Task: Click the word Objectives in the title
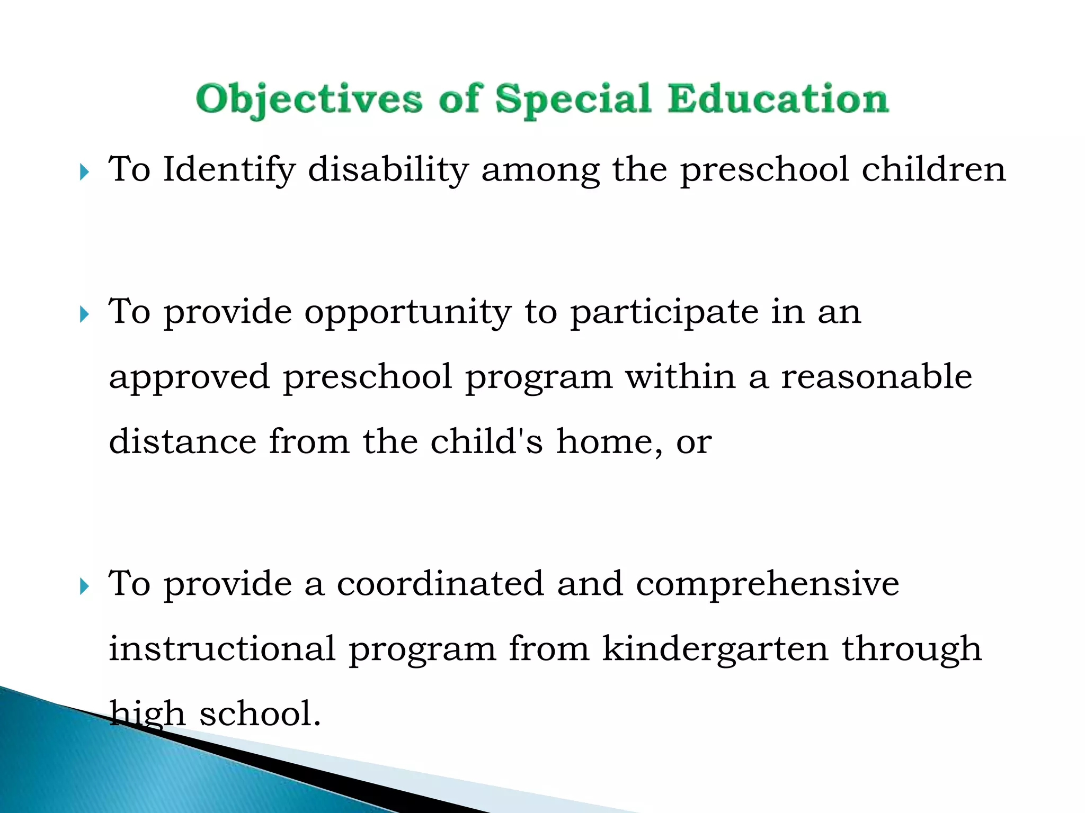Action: (309, 100)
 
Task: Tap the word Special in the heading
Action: (573, 100)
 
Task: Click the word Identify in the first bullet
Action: (229, 170)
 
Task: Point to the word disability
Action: (388, 170)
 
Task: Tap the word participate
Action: (664, 312)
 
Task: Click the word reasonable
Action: (877, 377)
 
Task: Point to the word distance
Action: (183, 441)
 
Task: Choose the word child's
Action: (486, 441)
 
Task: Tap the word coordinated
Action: (440, 584)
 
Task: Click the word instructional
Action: (222, 649)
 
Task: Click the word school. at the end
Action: (260, 713)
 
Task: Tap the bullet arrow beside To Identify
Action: (84, 172)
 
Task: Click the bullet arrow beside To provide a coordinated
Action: (84, 586)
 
